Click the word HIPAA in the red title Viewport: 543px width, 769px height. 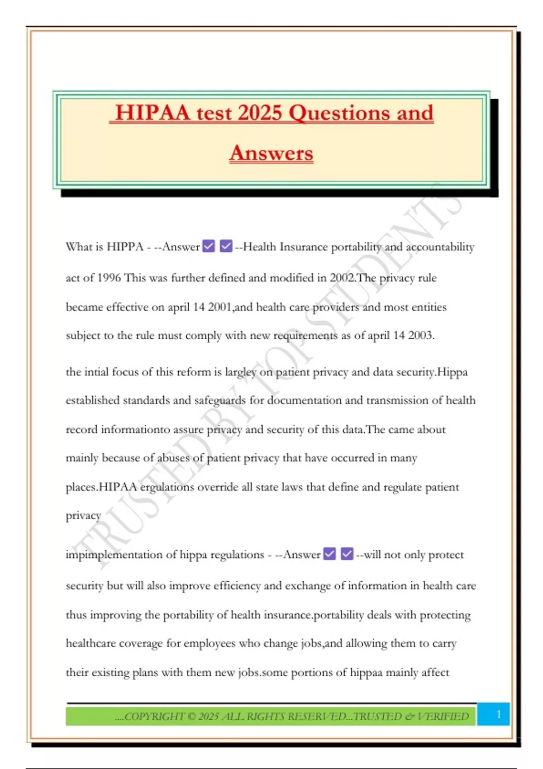click(x=152, y=113)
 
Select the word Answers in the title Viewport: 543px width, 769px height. click(x=271, y=153)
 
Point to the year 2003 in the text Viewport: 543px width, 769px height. click(x=420, y=335)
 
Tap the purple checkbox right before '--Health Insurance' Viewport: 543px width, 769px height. click(x=226, y=246)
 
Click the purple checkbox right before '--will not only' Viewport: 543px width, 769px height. click(x=347, y=554)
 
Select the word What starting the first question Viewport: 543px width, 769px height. click(x=79, y=247)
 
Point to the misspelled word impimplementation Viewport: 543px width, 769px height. click(x=119, y=555)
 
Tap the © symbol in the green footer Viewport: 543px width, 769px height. click(x=191, y=717)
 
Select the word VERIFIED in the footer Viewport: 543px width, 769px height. click(x=443, y=717)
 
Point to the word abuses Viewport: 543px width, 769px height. click(x=174, y=458)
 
